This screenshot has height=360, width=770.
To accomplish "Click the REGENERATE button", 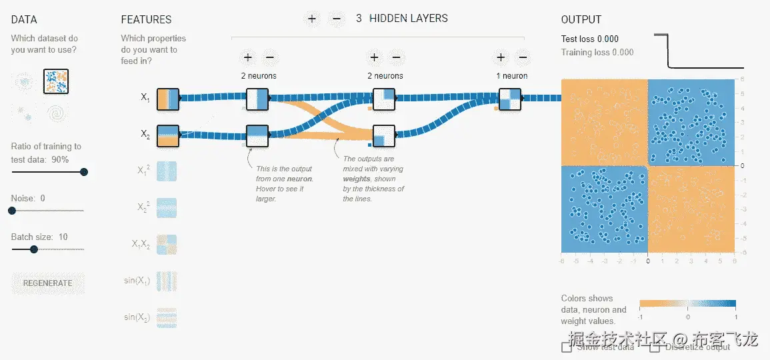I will pyautogui.click(x=47, y=283).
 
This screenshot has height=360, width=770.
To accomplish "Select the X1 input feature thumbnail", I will pyautogui.click(x=167, y=98).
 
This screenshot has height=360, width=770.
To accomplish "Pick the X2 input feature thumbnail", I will pyautogui.click(x=167, y=135).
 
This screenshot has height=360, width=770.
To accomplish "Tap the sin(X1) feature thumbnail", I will pyautogui.click(x=167, y=281).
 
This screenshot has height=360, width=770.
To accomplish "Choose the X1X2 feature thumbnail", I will pyautogui.click(x=167, y=245).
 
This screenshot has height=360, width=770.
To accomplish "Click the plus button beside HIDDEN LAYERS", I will pyautogui.click(x=311, y=18).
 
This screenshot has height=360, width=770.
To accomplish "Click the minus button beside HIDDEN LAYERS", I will pyautogui.click(x=336, y=18).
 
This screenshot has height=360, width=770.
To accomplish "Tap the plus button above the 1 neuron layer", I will pyautogui.click(x=501, y=57).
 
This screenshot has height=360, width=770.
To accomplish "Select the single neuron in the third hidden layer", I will pyautogui.click(x=510, y=99).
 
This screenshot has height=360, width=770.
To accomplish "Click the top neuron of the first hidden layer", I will pyautogui.click(x=257, y=99).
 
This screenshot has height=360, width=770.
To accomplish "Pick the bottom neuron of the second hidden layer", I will pyautogui.click(x=384, y=136).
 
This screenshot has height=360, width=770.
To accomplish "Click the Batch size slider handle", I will pyautogui.click(x=34, y=249).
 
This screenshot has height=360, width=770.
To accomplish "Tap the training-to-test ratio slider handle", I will pyautogui.click(x=84, y=171).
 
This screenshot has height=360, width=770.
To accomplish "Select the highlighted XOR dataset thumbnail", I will pyautogui.click(x=57, y=81).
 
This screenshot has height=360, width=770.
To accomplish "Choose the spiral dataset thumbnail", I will pyautogui.click(x=57, y=114).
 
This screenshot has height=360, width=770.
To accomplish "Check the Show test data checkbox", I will pyautogui.click(x=567, y=347).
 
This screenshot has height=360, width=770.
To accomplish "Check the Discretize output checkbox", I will pyautogui.click(x=655, y=347).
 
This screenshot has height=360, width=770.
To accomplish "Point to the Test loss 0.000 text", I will pyautogui.click(x=590, y=39).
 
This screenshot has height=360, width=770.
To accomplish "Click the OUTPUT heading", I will pyautogui.click(x=581, y=20).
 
